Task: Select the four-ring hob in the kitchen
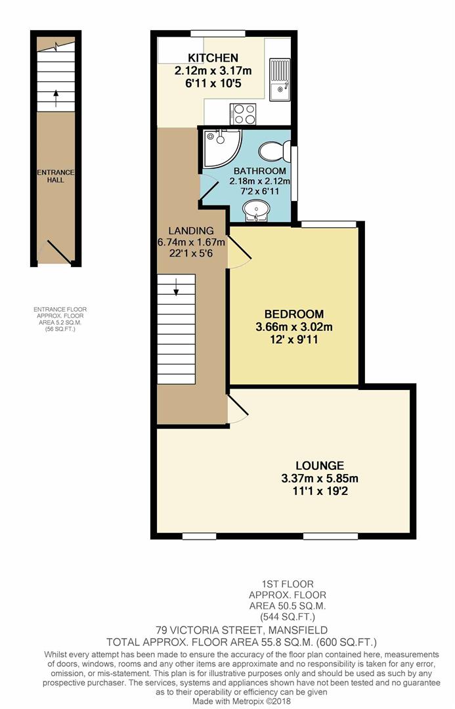pyautogui.click(x=242, y=114)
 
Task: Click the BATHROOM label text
pyautogui.click(x=259, y=171)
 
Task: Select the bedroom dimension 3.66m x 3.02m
pyautogui.click(x=295, y=327)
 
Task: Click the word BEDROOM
pyautogui.click(x=295, y=313)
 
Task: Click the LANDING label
pyautogui.click(x=191, y=230)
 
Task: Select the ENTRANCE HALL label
pyautogui.click(x=55, y=175)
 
